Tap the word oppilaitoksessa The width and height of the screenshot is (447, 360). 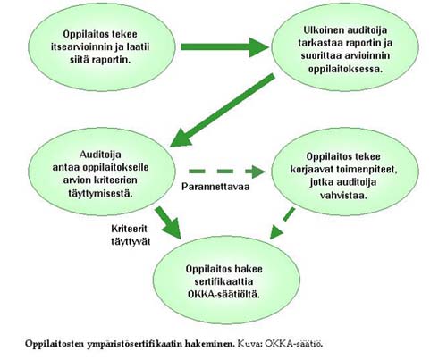click(x=345, y=69)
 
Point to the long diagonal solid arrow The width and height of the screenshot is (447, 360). click(x=222, y=110)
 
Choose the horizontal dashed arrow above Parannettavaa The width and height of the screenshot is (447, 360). click(x=227, y=172)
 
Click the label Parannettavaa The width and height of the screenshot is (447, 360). click(x=215, y=187)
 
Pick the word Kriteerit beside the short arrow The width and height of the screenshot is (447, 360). click(x=129, y=229)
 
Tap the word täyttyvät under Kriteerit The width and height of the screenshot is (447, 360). click(x=131, y=241)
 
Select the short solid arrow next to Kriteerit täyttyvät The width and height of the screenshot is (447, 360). click(x=168, y=222)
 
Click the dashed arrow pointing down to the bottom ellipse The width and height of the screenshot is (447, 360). click(x=283, y=223)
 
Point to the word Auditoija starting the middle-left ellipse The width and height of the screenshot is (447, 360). click(x=100, y=155)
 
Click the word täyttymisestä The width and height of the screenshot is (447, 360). click(x=100, y=193)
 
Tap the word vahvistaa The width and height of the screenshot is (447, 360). click(x=343, y=196)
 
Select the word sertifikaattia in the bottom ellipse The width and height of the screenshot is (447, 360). click(x=223, y=281)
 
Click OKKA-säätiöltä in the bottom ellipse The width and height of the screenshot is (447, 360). click(x=223, y=295)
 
